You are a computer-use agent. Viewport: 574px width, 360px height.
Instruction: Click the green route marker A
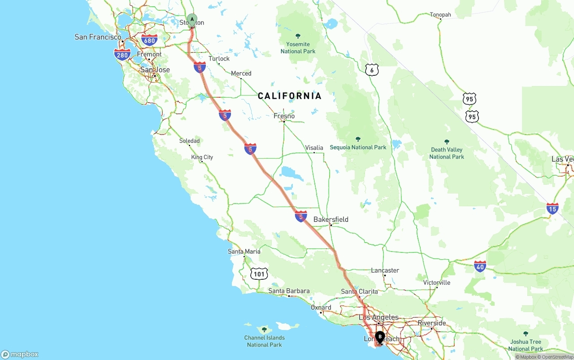coord(192,20)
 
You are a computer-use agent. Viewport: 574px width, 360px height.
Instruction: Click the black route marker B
coord(380,337)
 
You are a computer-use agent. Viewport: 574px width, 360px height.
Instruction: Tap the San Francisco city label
coord(98,37)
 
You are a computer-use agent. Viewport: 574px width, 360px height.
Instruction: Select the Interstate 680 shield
coord(149,40)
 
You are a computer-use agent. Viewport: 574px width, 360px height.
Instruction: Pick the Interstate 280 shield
coord(122,55)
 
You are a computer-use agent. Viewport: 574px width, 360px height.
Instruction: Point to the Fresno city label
coord(284,116)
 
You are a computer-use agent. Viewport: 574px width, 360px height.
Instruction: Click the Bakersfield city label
coord(331,219)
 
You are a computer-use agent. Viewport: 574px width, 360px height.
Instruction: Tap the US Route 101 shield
coord(259,273)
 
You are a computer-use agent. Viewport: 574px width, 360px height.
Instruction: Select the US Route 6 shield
coord(372,70)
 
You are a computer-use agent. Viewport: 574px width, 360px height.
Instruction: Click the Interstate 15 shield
coord(552,208)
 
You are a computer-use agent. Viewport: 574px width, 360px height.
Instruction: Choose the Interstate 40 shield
coord(480,266)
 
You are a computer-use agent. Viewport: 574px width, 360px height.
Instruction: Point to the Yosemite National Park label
coord(298,48)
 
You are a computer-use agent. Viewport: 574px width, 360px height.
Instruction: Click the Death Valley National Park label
coord(447,153)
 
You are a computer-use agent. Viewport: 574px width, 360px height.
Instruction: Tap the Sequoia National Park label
coord(358,147)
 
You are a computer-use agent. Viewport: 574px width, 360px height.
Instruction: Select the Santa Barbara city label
coord(289,291)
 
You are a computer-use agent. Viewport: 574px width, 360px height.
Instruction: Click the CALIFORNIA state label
coord(290,95)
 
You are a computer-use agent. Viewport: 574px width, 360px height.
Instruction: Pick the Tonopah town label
coord(440,15)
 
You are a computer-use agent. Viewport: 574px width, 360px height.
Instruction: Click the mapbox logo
coord(20,354)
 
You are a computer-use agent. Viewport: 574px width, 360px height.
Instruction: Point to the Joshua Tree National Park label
coord(526,345)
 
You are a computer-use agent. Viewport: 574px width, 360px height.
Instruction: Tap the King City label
coord(202,157)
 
